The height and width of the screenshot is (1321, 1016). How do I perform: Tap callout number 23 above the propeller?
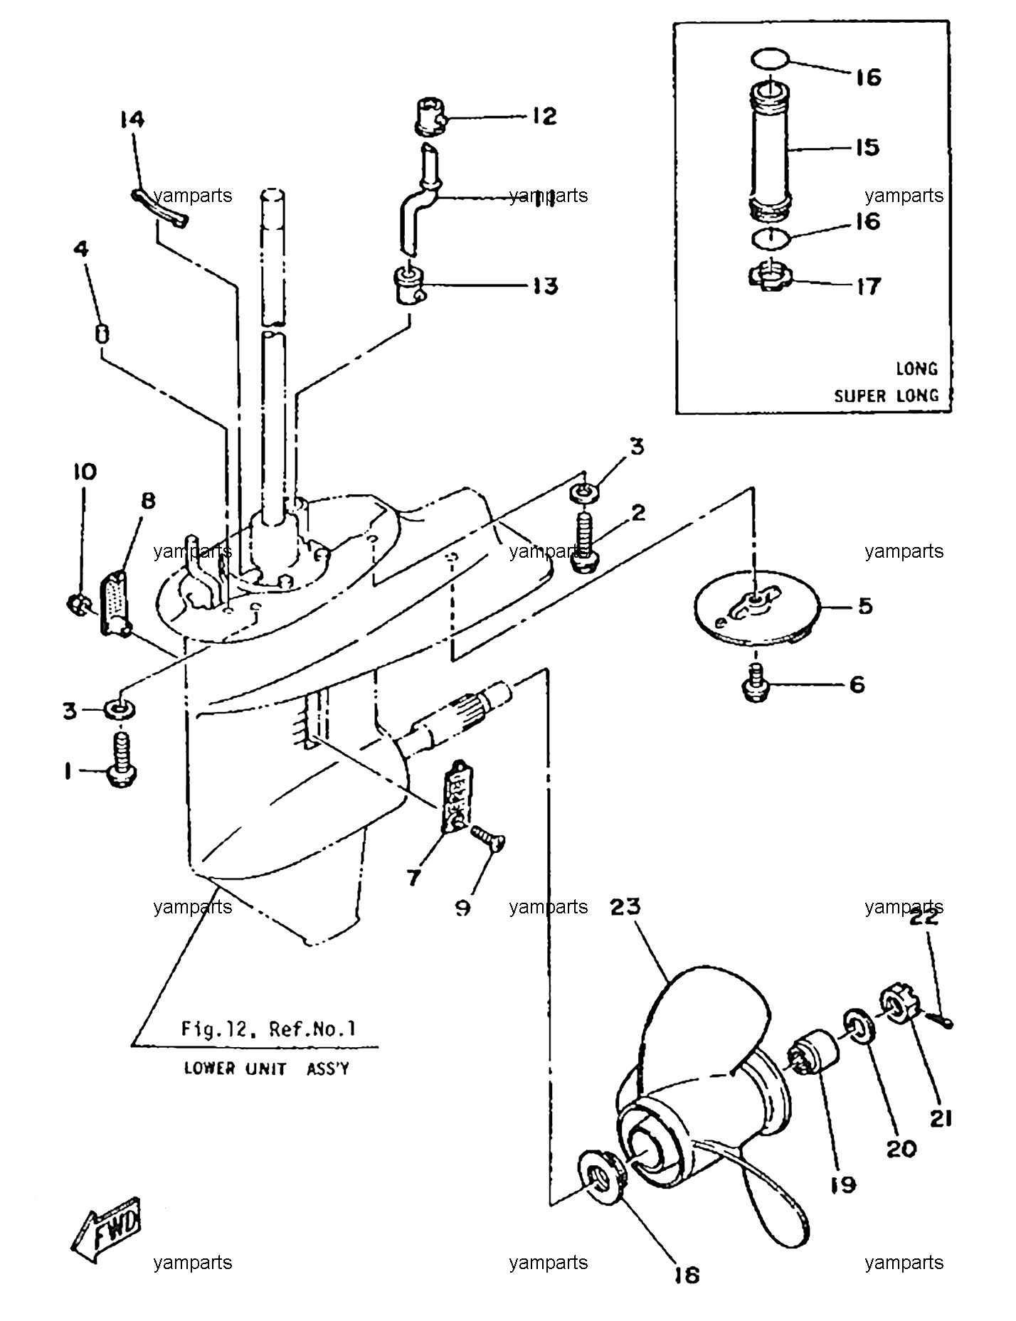[625, 907]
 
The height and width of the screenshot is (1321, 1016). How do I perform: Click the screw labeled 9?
[487, 839]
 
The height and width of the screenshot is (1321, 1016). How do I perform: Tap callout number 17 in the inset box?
[869, 286]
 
